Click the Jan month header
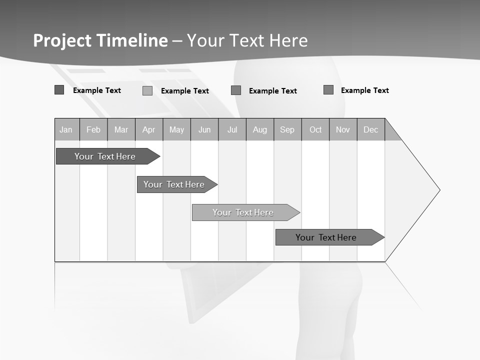pos(66,129)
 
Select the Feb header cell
pos(93,129)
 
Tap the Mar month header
pos(121,129)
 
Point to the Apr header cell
pos(149,129)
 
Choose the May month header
pos(176,129)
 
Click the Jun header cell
pos(204,129)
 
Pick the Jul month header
pos(232,129)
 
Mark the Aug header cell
pos(260,129)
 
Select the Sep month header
pos(287,129)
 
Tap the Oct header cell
pos(315,129)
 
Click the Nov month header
pos(343,129)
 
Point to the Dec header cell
pos(371,129)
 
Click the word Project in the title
pos(62,40)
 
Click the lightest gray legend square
pos(147,90)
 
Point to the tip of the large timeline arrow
pos(438,190)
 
